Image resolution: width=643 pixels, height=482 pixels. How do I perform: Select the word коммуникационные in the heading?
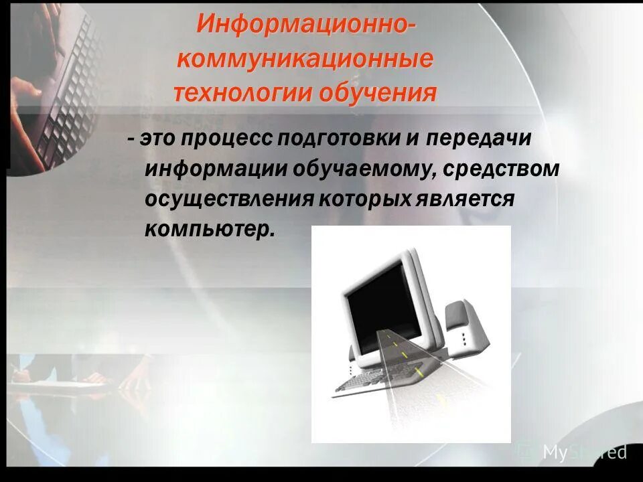coord(305,60)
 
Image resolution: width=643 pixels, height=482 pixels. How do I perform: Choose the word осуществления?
coord(229,199)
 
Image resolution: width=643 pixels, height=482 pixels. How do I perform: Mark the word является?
coord(469,199)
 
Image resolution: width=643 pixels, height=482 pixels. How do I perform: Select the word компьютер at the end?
coord(209,229)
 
